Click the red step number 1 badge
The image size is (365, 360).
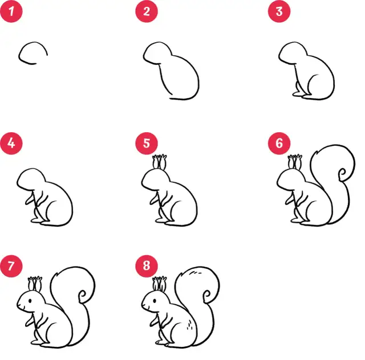click(11, 11)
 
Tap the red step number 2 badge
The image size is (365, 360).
click(147, 11)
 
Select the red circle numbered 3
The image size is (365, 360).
click(279, 11)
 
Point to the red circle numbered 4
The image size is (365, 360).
click(11, 143)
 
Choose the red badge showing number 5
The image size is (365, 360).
click(147, 143)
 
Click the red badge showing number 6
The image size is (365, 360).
click(279, 143)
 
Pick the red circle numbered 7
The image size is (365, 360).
click(11, 266)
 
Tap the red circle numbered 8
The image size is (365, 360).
click(147, 266)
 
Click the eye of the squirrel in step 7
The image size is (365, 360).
click(30, 301)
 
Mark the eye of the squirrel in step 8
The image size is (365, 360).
click(155, 301)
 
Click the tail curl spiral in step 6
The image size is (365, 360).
click(342, 174)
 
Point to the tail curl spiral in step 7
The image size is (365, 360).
click(82, 296)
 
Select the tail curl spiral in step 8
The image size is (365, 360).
click(207, 296)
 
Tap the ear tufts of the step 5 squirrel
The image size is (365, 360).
click(160, 161)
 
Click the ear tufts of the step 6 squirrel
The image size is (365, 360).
click(295, 161)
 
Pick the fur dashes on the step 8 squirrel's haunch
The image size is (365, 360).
click(189, 325)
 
